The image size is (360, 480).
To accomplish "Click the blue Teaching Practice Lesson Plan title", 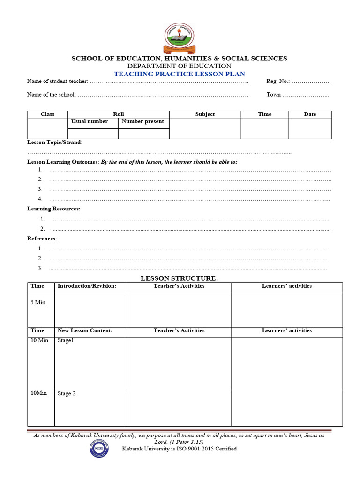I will (x=180, y=74).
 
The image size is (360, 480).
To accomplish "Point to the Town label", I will (x=274, y=95).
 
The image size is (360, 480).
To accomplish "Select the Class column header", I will (x=48, y=114).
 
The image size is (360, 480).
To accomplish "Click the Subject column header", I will (x=205, y=114).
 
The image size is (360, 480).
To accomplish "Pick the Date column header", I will (x=310, y=114).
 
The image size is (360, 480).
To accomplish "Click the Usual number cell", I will (x=90, y=121).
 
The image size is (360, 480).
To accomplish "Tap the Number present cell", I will (x=143, y=121).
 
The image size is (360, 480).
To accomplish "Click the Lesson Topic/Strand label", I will (x=54, y=142).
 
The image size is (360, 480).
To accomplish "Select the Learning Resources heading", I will (x=53, y=209).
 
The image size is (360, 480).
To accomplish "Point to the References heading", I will (x=42, y=239).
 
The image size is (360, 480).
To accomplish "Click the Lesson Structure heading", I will (x=180, y=278).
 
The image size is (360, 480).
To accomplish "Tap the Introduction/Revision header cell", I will (x=87, y=286).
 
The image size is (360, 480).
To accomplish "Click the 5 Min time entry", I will (x=38, y=302).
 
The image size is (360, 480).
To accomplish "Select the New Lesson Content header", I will (x=85, y=330).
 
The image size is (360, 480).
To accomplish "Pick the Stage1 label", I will (x=66, y=341).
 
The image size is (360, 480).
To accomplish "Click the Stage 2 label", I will (x=67, y=394).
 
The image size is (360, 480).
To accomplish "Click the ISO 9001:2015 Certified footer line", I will (x=180, y=449).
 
